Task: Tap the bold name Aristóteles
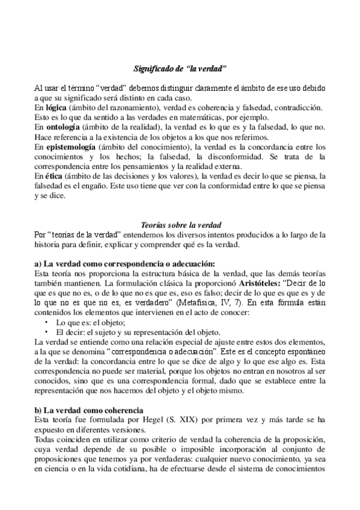tap(264, 283)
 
